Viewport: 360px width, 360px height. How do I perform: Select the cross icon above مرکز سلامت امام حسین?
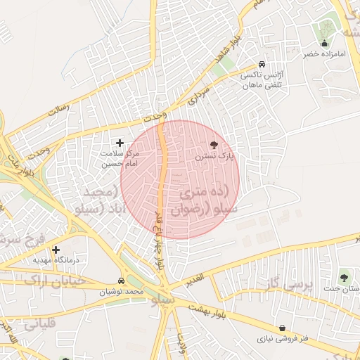pos(120,143)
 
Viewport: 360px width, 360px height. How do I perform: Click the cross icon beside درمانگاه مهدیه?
pos(56,250)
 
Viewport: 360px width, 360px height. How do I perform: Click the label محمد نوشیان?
pos(121,291)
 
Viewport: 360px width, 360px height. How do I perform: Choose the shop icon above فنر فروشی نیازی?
pos(283,328)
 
